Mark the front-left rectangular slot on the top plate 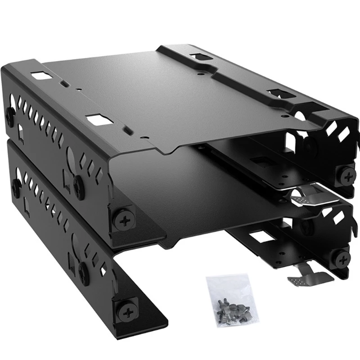point(98,120)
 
